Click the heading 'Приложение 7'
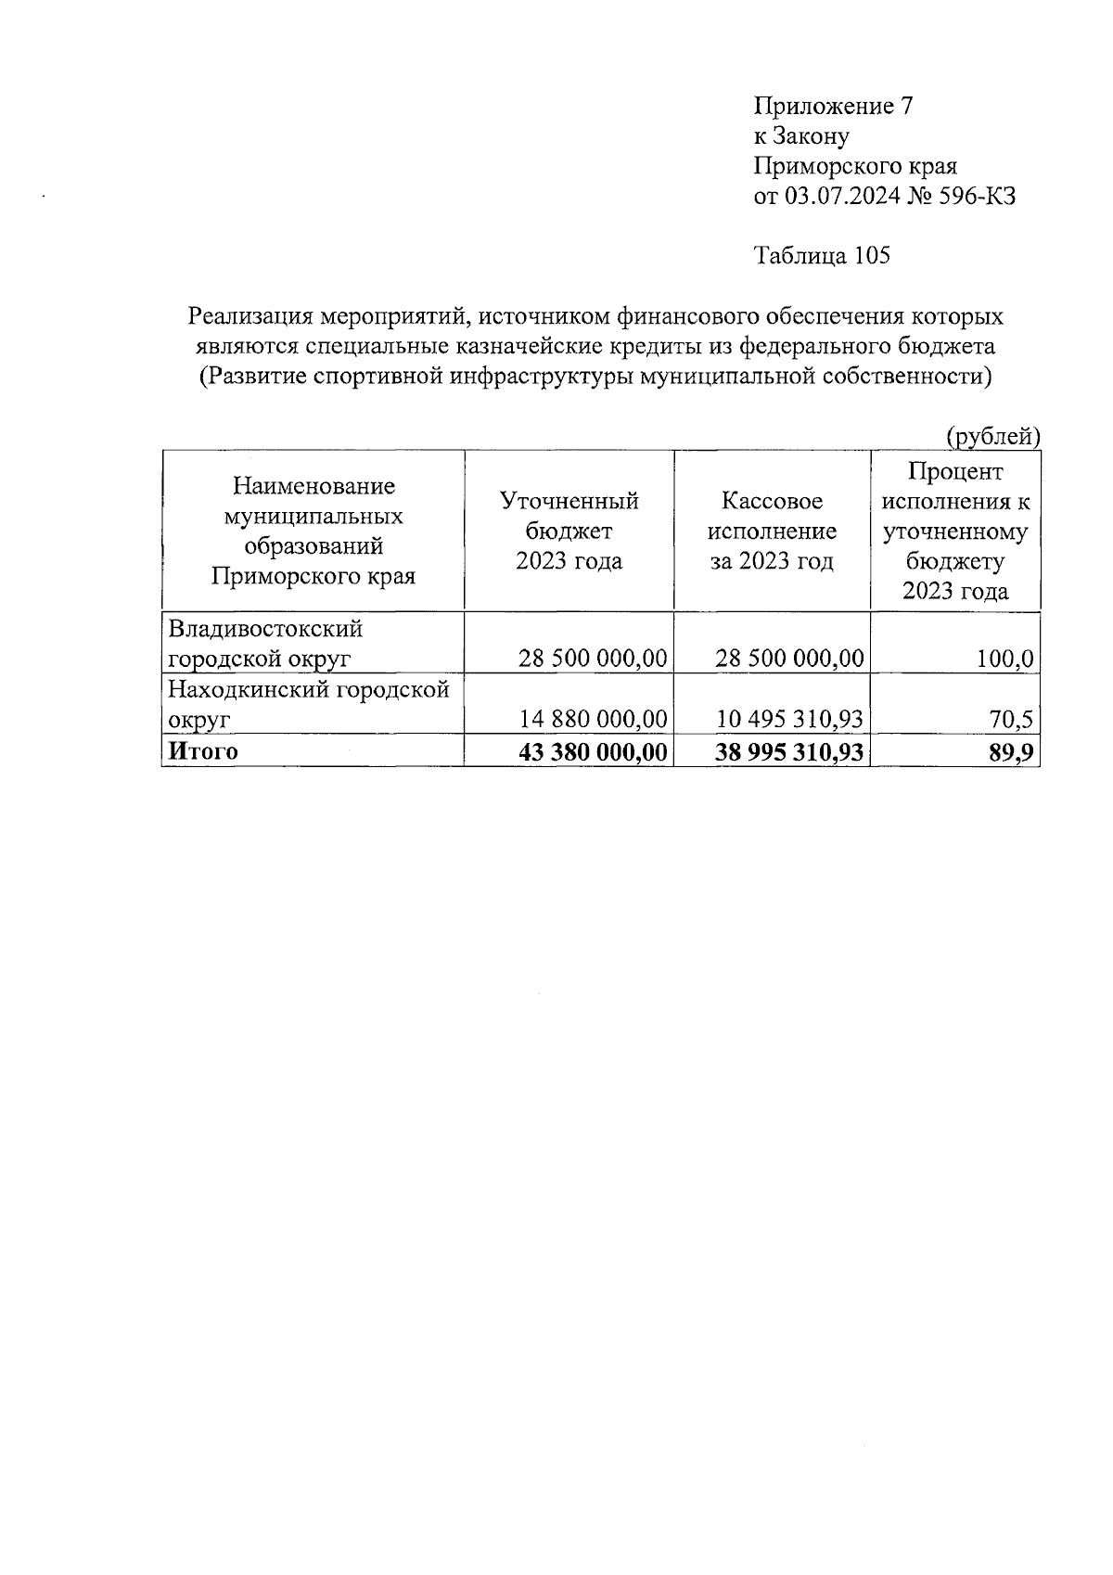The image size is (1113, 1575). pyautogui.click(x=834, y=106)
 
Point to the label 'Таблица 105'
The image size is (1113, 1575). pyautogui.click(x=822, y=255)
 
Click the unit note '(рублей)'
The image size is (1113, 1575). pyautogui.click(x=991, y=435)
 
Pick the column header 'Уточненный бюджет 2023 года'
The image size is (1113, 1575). pyautogui.click(x=569, y=531)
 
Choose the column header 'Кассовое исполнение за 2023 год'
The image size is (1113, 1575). pyautogui.click(x=772, y=531)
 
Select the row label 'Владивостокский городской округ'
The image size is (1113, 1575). pyautogui.click(x=264, y=644)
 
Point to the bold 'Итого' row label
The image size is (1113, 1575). pyautogui.click(x=201, y=751)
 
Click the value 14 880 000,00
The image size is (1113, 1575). pyautogui.click(x=593, y=719)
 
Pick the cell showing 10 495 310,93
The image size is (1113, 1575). pyautogui.click(x=789, y=719)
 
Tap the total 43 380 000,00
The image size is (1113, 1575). pyautogui.click(x=593, y=752)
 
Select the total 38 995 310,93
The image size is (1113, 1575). pyautogui.click(x=789, y=752)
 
